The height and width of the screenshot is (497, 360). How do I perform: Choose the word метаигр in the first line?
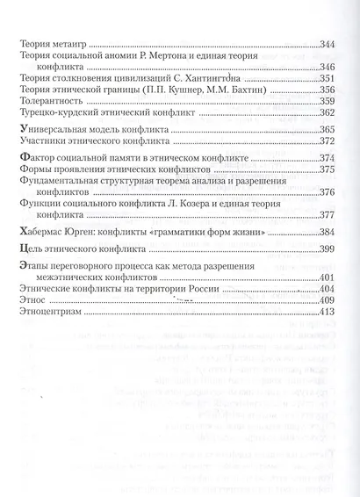pos(71,44)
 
